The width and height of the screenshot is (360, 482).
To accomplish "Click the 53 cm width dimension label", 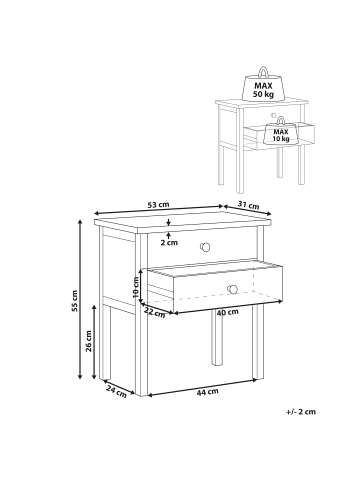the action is point(159,205).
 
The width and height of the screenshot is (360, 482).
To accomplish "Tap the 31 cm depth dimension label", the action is point(248,205).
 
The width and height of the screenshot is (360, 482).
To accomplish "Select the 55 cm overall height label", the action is point(75,301).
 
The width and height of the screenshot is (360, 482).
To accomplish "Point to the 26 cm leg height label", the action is point(89,341).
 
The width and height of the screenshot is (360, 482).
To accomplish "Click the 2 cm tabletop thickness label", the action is point(169,243).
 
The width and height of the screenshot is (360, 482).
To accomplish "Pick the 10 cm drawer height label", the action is point(136,287).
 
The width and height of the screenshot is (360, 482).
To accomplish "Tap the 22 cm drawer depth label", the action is point(155,313).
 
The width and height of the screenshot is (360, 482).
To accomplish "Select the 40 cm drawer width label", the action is point(228,312).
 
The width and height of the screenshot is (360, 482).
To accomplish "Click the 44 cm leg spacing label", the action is point(207,392).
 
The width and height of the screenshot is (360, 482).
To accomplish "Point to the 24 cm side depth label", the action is point(117,391).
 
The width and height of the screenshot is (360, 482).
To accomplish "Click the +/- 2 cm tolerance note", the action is point(301,412).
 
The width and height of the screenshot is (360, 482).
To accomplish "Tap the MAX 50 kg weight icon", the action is point(263,86).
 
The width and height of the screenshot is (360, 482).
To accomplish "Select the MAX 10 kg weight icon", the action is point(281,132).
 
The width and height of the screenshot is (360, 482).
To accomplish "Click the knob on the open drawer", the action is point(233,289).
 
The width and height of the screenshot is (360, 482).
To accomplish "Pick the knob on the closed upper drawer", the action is point(205,247).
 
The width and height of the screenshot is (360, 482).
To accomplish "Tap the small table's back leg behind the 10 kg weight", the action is point(280,162).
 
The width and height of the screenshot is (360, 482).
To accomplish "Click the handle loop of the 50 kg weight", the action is point(263,71).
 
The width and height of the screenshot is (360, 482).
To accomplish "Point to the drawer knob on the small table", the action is point(273,115).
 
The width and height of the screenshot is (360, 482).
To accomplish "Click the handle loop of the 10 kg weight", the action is point(281,120).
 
